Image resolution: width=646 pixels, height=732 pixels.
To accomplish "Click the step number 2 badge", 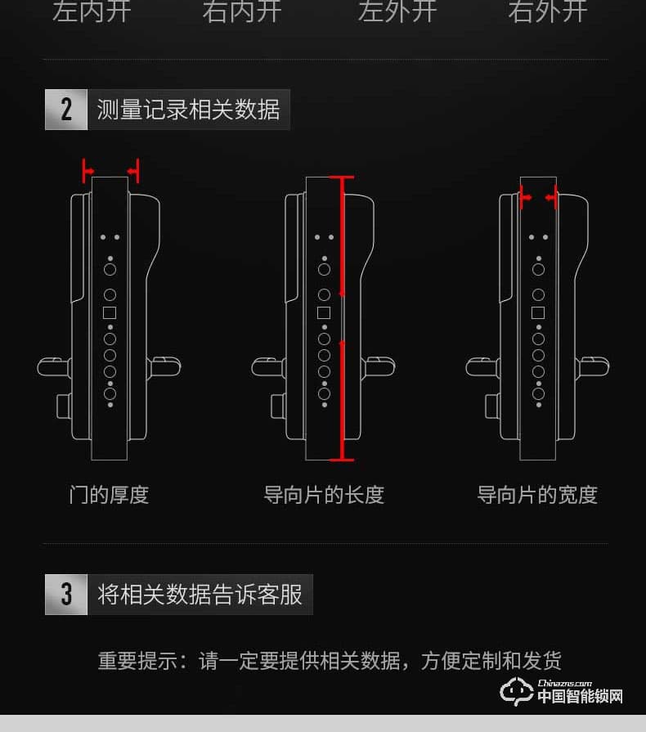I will pyautogui.click(x=66, y=110).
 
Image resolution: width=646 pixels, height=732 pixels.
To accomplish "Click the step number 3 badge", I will pyautogui.click(x=66, y=595).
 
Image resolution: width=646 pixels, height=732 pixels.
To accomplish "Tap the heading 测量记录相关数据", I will pyautogui.click(x=188, y=110).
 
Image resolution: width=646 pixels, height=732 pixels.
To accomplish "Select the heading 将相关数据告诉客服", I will pyautogui.click(x=200, y=595).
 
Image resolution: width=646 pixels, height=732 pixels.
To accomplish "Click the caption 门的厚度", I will pyautogui.click(x=110, y=495).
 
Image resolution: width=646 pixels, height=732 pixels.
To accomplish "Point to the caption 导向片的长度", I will pyautogui.click(x=324, y=495).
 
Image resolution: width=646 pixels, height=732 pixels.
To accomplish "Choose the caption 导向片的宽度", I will pyautogui.click(x=537, y=495).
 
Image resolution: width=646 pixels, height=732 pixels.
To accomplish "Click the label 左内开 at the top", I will pyautogui.click(x=92, y=11).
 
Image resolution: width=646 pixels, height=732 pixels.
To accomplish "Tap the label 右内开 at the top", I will pyautogui.click(x=241, y=11).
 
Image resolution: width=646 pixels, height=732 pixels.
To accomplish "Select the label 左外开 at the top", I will pyautogui.click(x=397, y=11).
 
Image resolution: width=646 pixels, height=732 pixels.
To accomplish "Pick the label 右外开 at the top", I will pyautogui.click(x=547, y=11).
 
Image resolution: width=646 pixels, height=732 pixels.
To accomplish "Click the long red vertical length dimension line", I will pyautogui.click(x=343, y=319).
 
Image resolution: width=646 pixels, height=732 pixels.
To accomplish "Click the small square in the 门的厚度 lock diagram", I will pyautogui.click(x=110, y=313).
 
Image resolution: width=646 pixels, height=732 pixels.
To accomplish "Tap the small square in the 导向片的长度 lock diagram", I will pyautogui.click(x=324, y=313).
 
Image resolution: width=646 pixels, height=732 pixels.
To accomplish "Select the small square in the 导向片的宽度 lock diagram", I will pyautogui.click(x=538, y=313).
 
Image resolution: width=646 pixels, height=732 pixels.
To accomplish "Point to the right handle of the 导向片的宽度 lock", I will pyautogui.click(x=593, y=366).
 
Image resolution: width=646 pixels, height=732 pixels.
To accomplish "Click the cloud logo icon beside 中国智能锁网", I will pyautogui.click(x=517, y=692).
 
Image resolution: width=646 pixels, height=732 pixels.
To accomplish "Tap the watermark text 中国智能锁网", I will pyautogui.click(x=580, y=697).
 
